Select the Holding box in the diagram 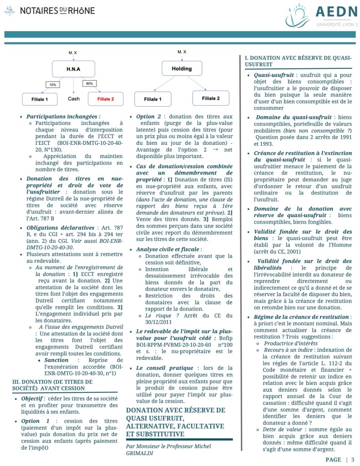[181, 69]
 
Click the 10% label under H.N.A [53, 85]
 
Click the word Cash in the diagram [74, 98]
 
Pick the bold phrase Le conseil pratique [162, 368]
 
